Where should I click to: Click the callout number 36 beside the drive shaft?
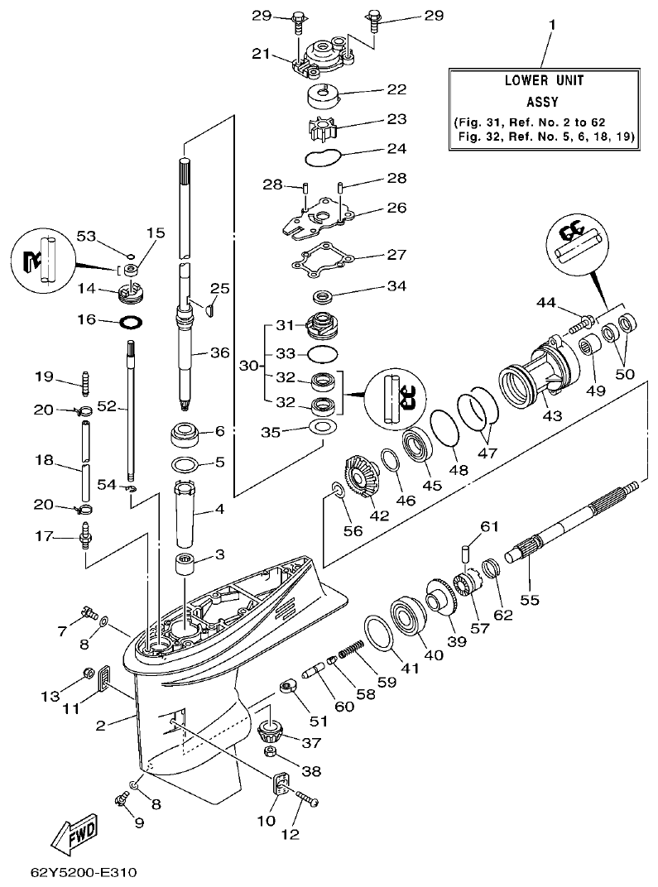[219, 352]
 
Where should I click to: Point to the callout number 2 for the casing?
[100, 726]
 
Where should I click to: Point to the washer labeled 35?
[322, 427]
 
